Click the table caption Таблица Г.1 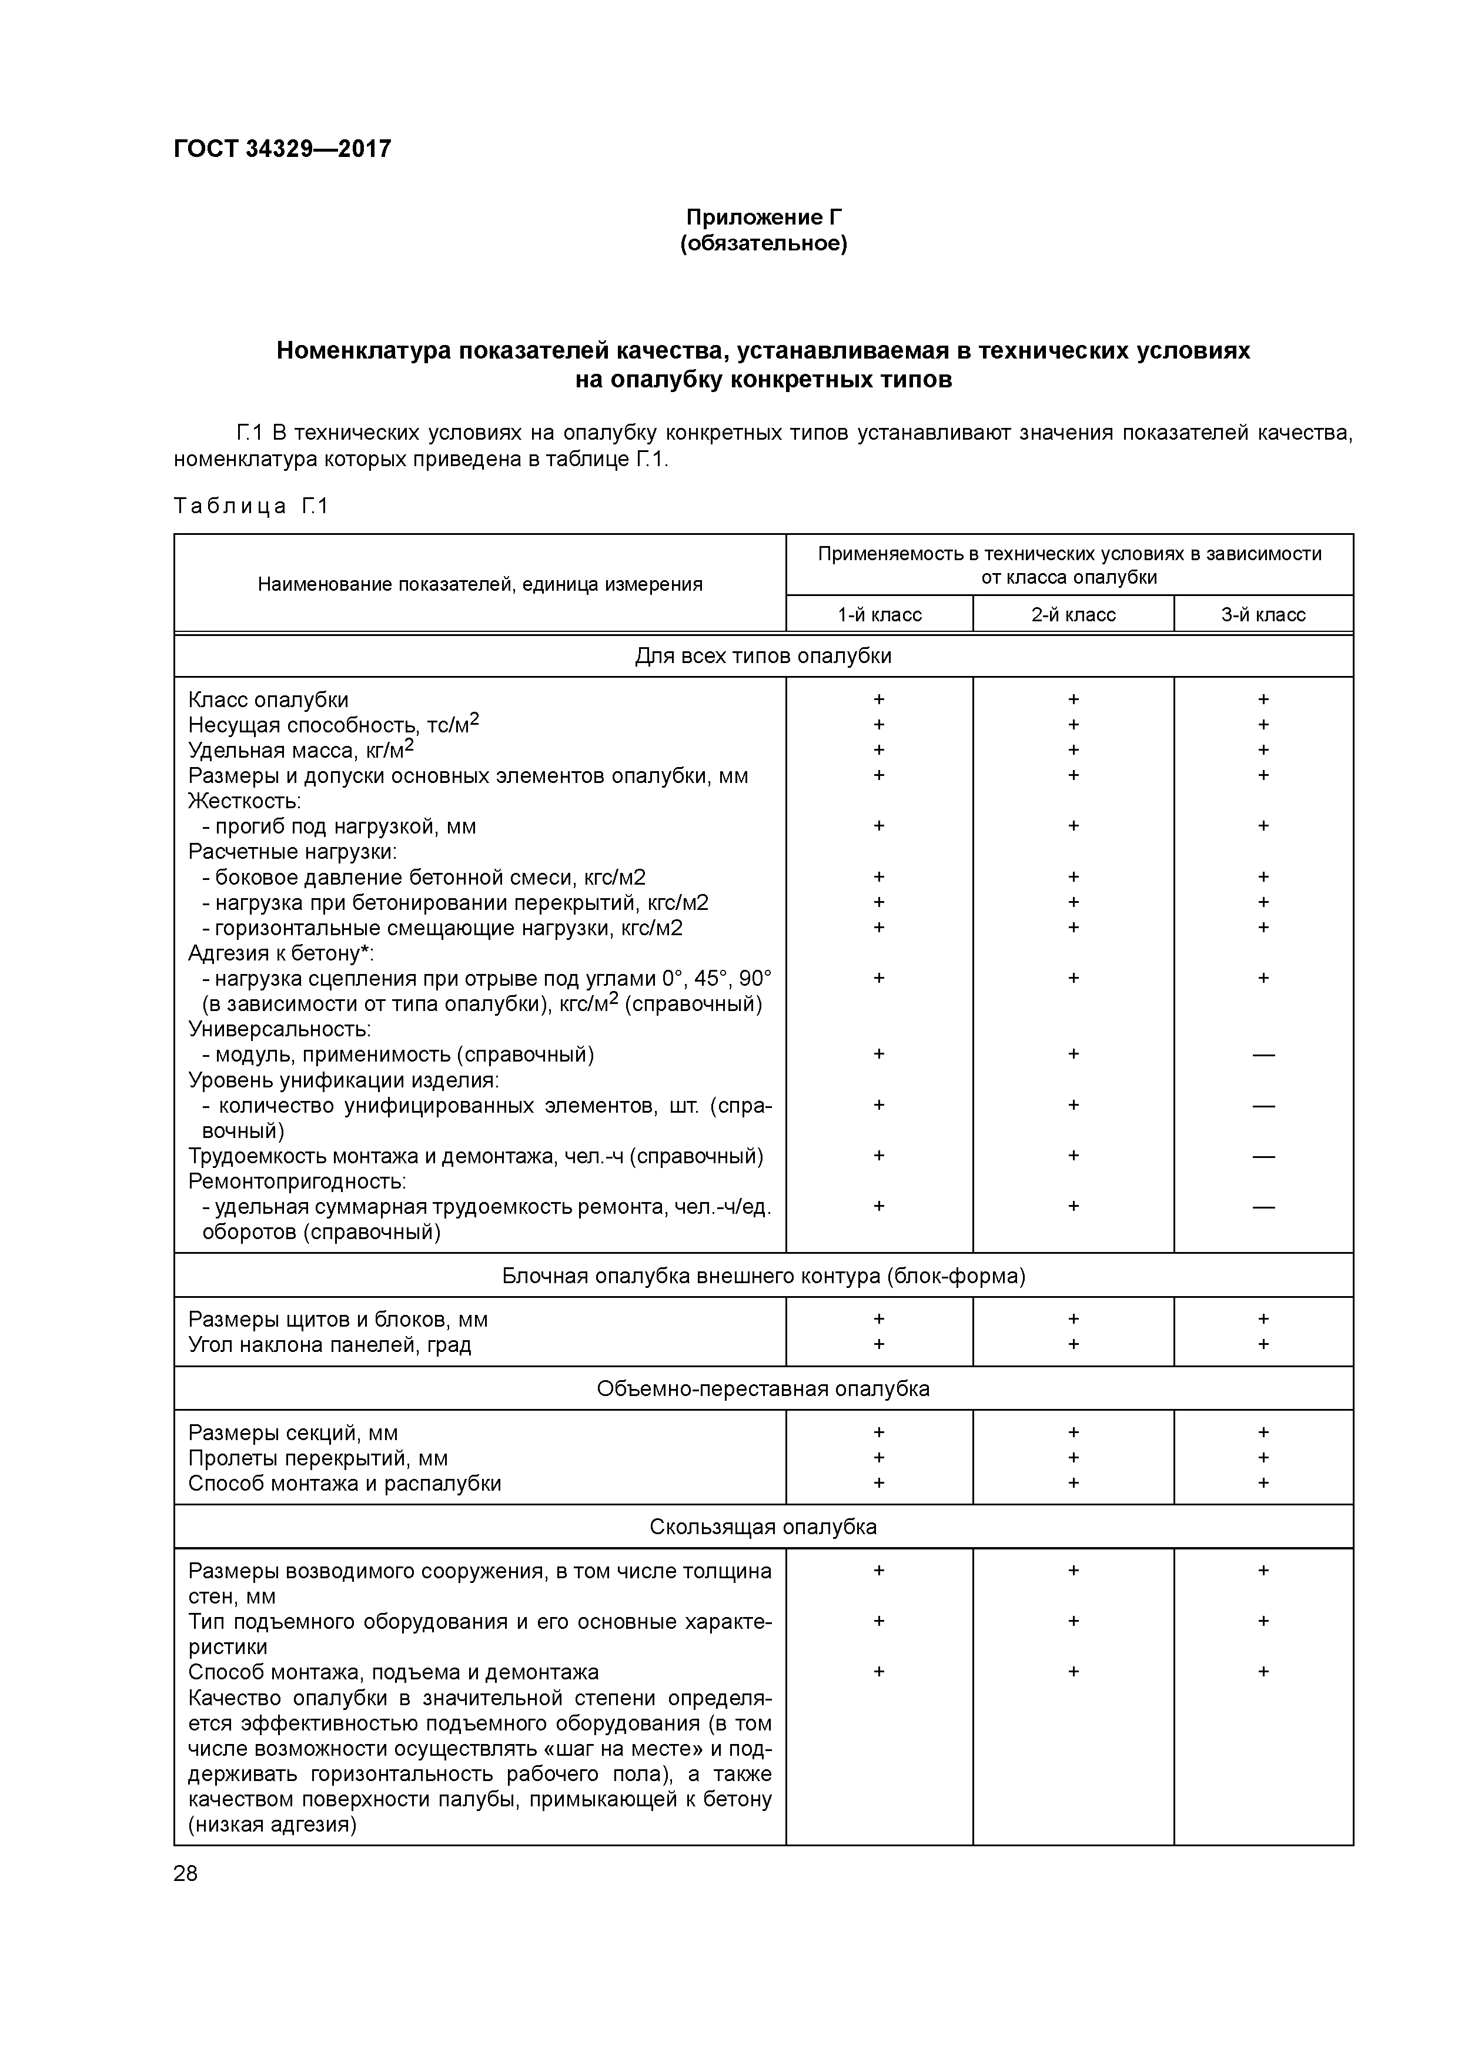(252, 507)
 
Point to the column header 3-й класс (1262, 615)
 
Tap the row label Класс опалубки (267, 699)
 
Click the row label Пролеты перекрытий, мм (318, 1458)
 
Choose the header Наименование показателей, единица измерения (480, 585)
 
